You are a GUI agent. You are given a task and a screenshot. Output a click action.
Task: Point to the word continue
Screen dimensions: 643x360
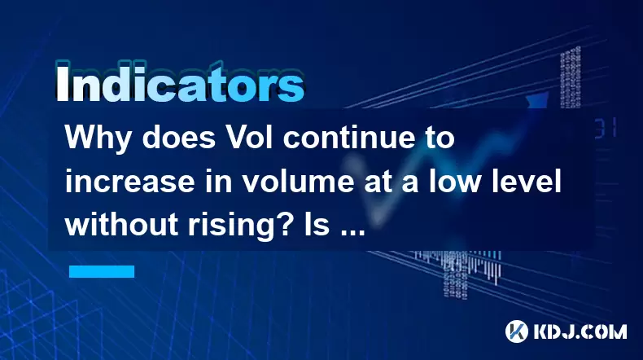(352, 138)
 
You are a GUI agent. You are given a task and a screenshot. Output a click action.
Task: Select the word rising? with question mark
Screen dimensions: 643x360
(231, 226)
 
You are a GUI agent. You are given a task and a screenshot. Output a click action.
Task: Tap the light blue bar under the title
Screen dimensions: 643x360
(102, 271)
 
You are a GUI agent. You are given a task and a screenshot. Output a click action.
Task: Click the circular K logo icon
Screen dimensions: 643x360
(517, 331)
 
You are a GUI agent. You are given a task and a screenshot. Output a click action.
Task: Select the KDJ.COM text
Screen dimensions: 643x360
(580, 331)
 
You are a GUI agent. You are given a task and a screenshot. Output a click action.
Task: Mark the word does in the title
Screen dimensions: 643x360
(179, 138)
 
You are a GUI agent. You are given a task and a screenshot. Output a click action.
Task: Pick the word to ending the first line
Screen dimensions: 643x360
(442, 138)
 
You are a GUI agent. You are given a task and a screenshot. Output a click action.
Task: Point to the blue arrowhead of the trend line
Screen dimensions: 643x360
(538, 99)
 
